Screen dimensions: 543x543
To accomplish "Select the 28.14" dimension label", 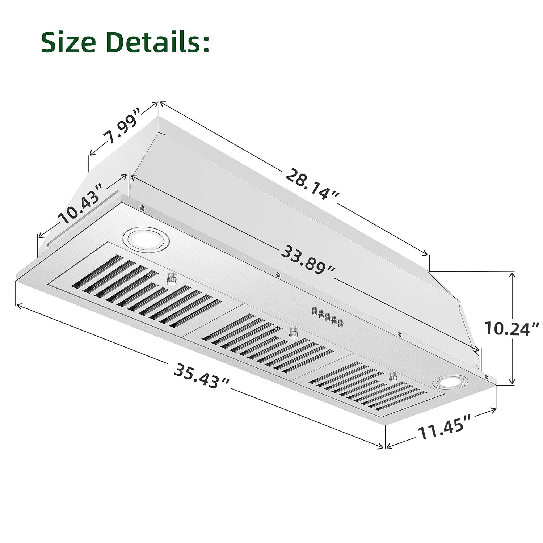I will click(312, 184).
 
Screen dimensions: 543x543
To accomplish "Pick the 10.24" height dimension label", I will click(511, 328).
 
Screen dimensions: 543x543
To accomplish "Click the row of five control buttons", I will click(327, 317).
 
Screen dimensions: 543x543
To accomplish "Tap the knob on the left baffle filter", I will click(172, 279).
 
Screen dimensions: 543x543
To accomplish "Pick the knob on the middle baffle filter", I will click(293, 332).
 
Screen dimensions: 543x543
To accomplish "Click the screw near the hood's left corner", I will click(142, 207).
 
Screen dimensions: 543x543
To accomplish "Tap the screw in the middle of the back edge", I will click(277, 274).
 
